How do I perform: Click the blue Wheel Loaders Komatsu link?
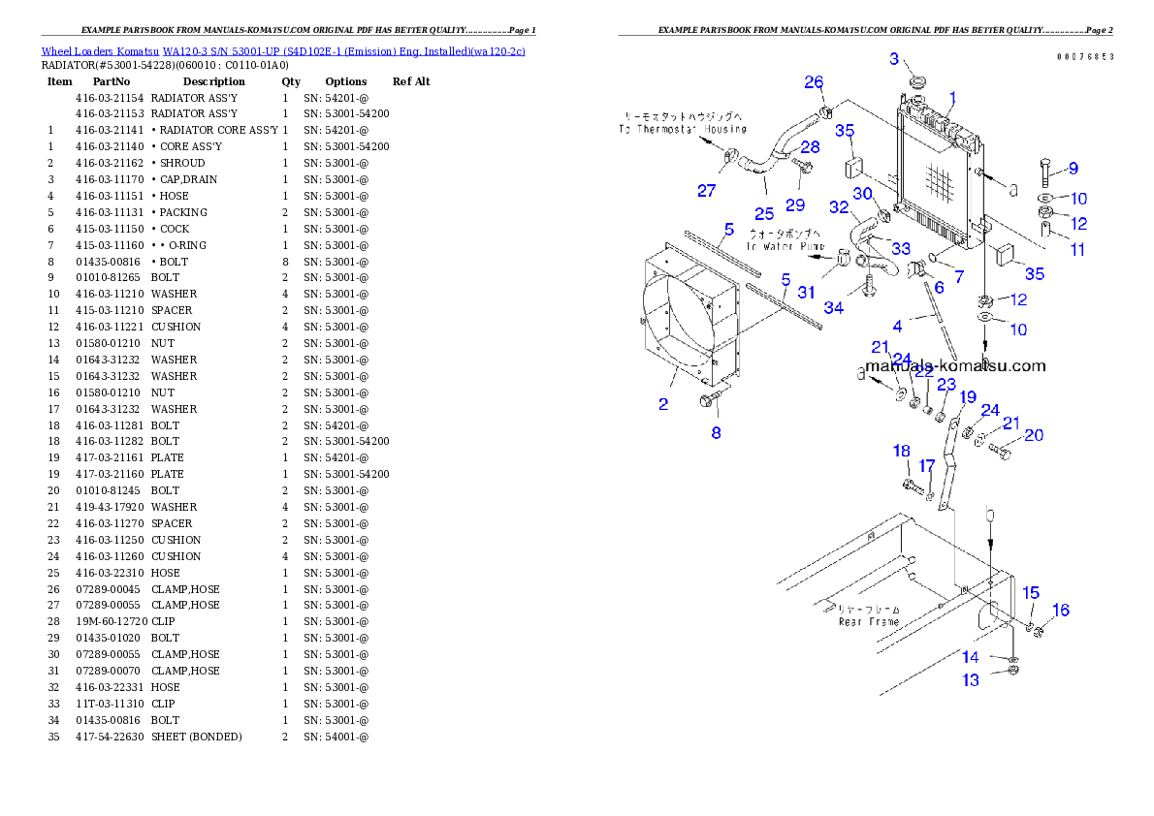(x=283, y=50)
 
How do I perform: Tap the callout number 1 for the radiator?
(x=952, y=97)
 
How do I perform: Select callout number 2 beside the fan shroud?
(x=663, y=404)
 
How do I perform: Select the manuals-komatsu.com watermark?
(x=955, y=365)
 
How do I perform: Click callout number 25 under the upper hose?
(x=764, y=213)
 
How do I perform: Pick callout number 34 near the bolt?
(x=833, y=307)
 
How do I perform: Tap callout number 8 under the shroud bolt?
(x=716, y=433)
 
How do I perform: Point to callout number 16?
(x=1061, y=610)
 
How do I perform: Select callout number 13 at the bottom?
(x=971, y=680)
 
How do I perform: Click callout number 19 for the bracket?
(x=968, y=396)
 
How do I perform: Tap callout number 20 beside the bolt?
(x=1034, y=435)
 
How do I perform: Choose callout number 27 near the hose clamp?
(x=706, y=191)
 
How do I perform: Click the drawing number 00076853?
(x=1085, y=56)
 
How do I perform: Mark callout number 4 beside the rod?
(x=898, y=326)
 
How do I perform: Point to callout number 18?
(x=902, y=451)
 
